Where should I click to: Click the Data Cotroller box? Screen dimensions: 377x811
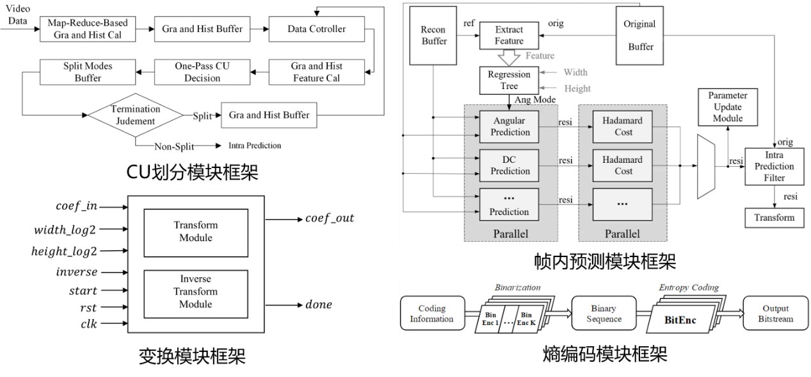pos(316,29)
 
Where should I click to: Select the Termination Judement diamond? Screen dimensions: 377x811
pos(135,115)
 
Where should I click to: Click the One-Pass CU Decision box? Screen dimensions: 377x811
pos(197,72)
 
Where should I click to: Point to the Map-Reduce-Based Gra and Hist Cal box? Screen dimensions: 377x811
pos(88,29)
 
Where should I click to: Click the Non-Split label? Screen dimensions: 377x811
pos(174,146)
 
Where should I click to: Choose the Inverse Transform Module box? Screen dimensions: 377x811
pos(195,291)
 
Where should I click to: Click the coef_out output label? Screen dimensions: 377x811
pos(329,219)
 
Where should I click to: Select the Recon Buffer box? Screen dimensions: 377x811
pos(433,36)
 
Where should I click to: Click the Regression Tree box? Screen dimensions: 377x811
pos(509,80)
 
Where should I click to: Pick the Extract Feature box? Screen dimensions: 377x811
pos(509,36)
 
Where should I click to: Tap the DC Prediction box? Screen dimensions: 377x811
pos(510,165)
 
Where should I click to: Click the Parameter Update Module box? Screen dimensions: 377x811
pos(727,107)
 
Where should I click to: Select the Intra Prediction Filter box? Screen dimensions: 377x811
pos(773,166)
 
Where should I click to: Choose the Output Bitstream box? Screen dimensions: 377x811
pos(777,312)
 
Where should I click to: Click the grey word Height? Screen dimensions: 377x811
pos(577,88)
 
